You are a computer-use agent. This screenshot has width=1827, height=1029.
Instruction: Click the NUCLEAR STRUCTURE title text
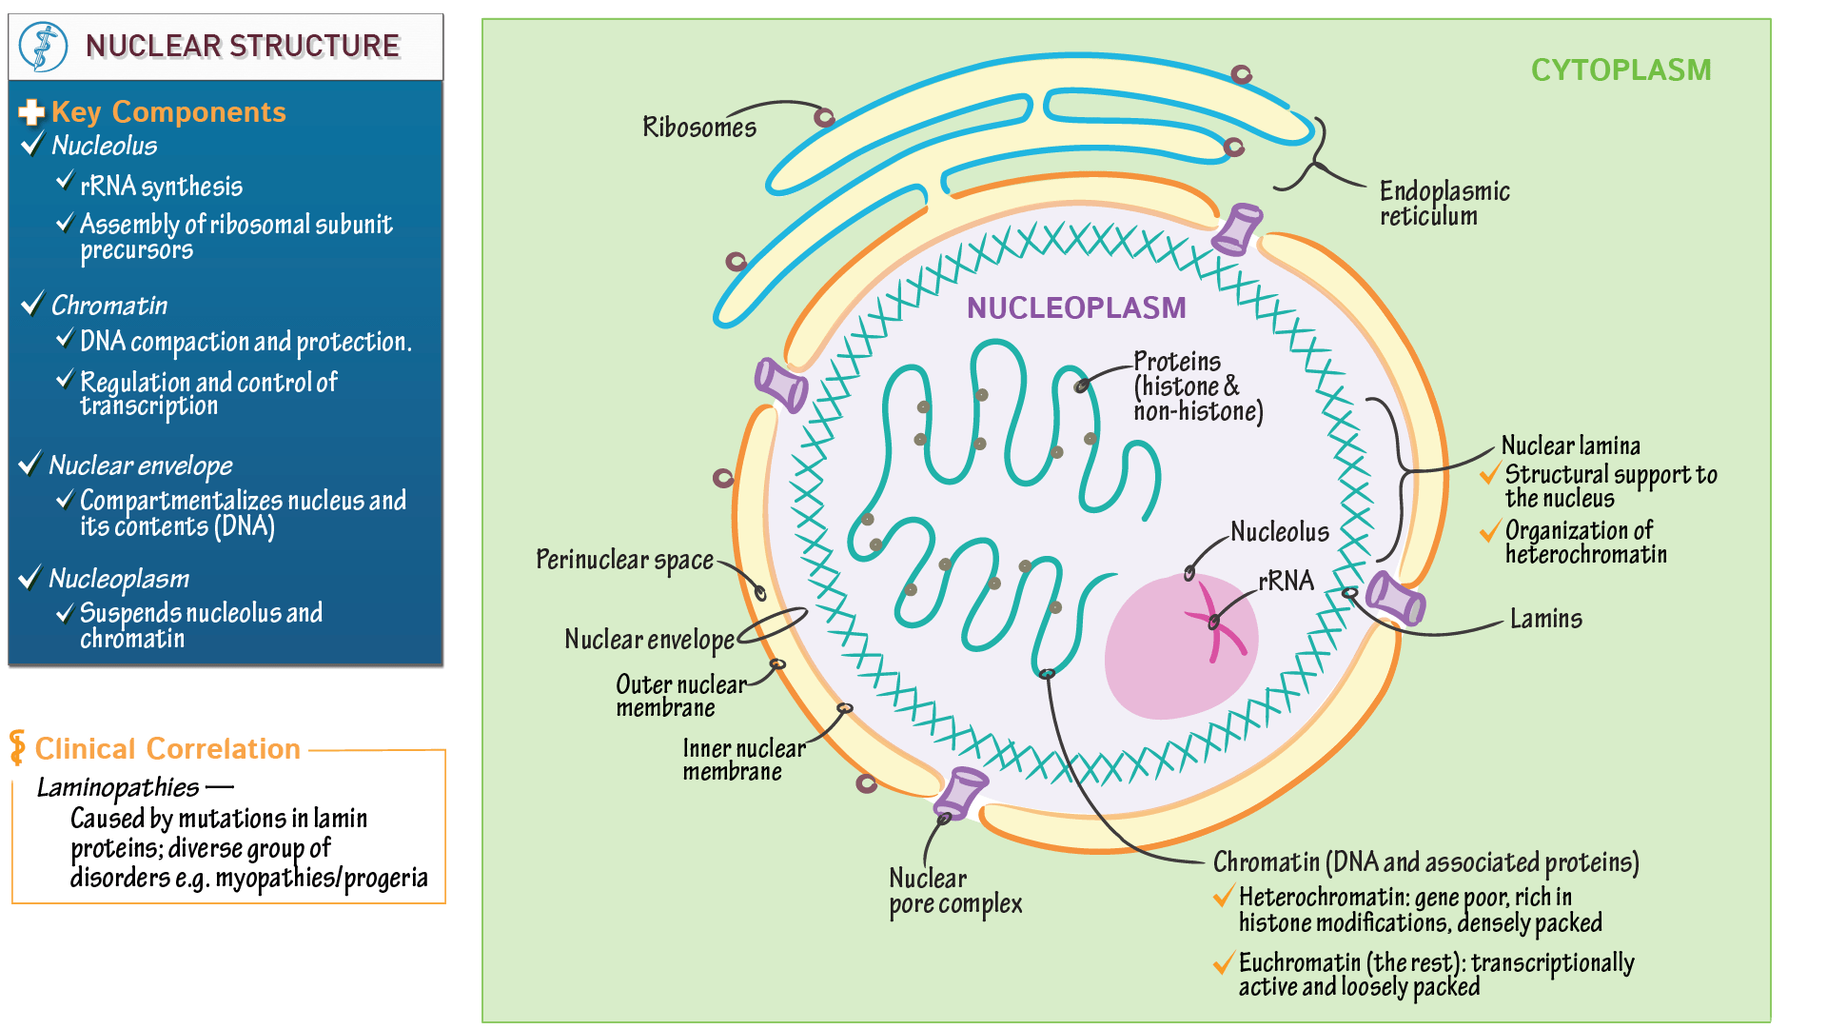click(x=242, y=46)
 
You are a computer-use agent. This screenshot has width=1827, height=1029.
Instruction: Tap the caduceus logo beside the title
click(x=44, y=47)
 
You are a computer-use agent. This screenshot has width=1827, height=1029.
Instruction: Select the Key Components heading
click(x=167, y=112)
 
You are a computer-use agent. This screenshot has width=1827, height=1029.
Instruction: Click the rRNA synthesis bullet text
click(x=161, y=187)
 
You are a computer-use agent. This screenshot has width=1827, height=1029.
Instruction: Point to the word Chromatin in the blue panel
click(x=108, y=306)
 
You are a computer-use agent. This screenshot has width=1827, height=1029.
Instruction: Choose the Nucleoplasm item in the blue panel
click(x=119, y=579)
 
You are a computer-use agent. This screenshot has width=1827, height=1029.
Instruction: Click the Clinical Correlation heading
click(x=167, y=749)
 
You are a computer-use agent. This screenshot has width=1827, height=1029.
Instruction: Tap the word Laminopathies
click(x=117, y=788)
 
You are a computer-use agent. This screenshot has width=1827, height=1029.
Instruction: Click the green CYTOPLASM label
click(x=1621, y=70)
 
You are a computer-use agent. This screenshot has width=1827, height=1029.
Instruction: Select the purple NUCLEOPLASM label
click(x=1076, y=308)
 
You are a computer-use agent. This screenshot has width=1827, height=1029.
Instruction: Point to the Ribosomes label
click(x=699, y=128)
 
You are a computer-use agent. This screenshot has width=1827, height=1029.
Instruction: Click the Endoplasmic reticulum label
click(x=1444, y=204)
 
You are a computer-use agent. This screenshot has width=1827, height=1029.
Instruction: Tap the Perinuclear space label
click(x=624, y=560)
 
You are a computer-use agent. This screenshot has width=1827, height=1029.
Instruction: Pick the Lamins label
click(x=1545, y=619)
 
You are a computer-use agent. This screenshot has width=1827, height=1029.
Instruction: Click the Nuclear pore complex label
click(x=955, y=891)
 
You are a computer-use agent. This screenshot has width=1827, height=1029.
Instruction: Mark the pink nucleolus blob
click(x=1161, y=666)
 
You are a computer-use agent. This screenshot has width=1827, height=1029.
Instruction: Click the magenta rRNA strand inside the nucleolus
click(x=1213, y=623)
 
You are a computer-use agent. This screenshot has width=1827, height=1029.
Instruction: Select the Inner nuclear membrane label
click(x=743, y=760)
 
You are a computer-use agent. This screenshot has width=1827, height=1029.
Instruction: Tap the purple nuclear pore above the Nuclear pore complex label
click(x=963, y=791)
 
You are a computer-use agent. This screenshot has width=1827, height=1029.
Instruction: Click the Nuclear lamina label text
click(x=1570, y=445)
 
